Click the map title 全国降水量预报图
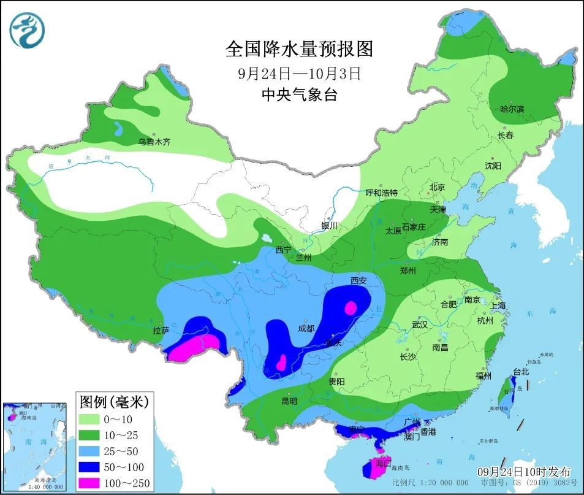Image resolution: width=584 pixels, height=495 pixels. click(x=299, y=48)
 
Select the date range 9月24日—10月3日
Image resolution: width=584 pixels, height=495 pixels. click(x=299, y=74)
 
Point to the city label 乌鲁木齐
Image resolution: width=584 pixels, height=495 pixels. click(x=154, y=142)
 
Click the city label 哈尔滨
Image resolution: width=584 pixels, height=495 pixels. click(x=512, y=109)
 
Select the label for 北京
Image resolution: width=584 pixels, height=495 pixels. click(x=437, y=187)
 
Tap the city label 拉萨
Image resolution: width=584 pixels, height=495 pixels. click(x=161, y=331)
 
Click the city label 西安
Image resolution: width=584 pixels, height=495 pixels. click(x=358, y=281)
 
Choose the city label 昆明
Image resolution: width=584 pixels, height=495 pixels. click(x=289, y=401)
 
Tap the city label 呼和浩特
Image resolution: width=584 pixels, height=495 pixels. click(x=382, y=193)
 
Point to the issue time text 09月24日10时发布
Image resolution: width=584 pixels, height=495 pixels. click(x=523, y=472)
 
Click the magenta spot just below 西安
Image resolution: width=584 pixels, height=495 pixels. click(x=351, y=307)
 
